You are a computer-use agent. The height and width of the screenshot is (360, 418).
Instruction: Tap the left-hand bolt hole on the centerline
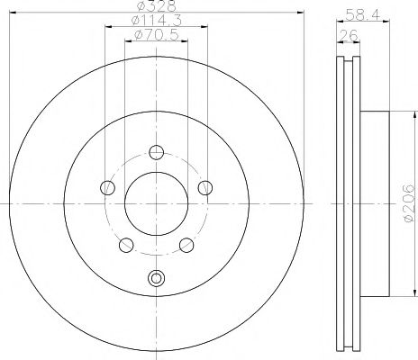107,187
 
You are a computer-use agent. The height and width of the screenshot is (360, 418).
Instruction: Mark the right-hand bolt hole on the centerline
204,187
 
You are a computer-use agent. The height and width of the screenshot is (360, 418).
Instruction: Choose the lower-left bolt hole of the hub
126,245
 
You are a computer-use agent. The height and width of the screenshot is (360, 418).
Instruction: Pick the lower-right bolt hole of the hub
186,245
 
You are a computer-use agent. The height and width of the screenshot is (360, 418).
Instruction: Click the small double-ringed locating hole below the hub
156,278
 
